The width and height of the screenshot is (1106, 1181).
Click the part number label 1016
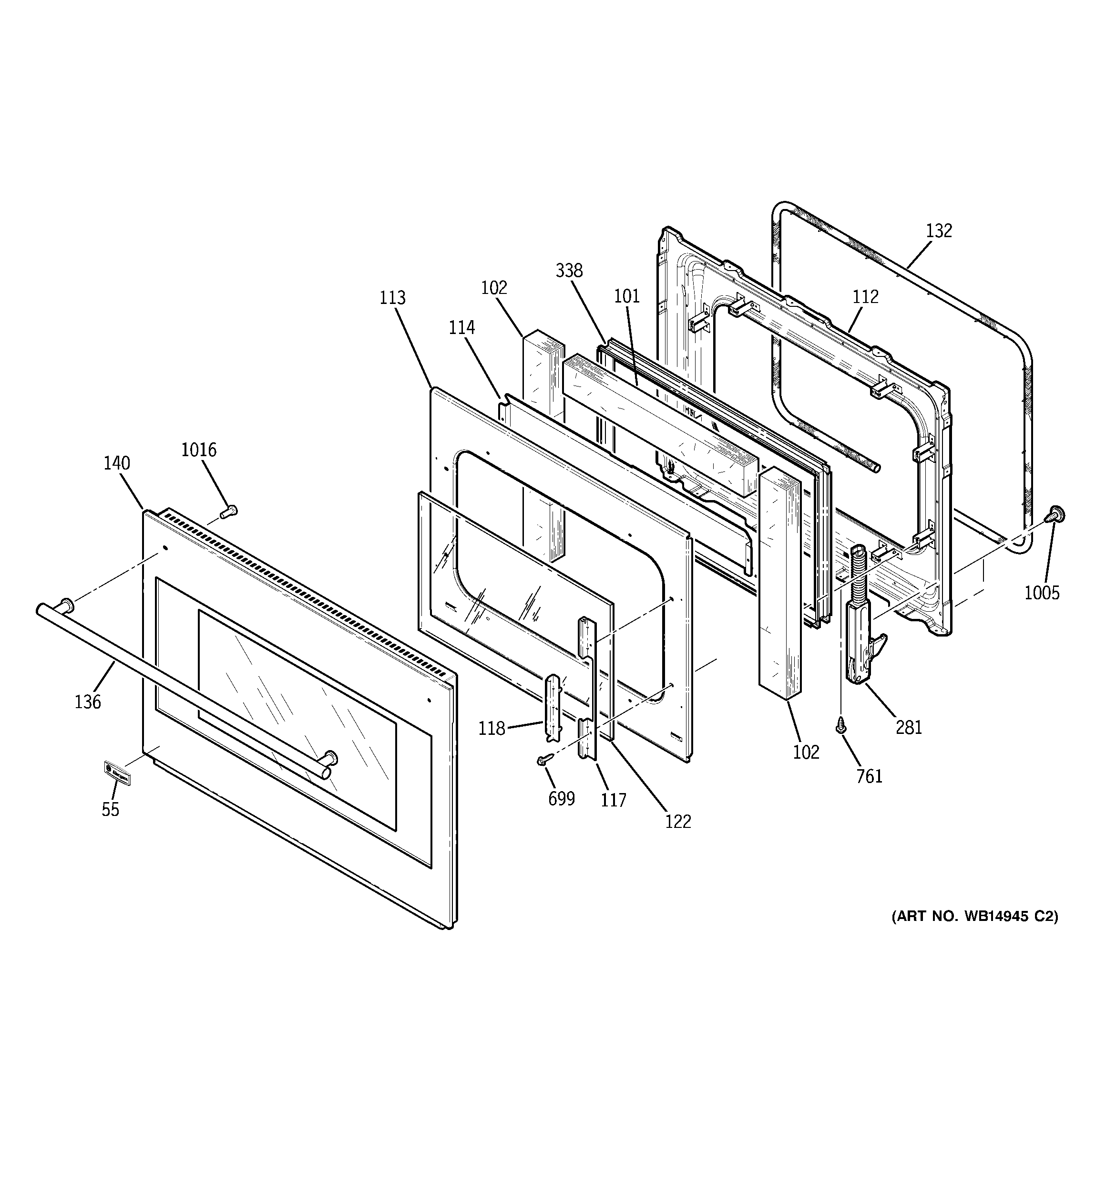pos(199,450)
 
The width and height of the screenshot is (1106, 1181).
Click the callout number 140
pos(116,463)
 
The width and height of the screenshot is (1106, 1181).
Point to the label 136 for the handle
pos(88,702)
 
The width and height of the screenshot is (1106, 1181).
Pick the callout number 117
pos(613,801)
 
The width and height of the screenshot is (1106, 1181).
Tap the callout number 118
pos(492,728)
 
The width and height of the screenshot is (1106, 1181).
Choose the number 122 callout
pos(678,822)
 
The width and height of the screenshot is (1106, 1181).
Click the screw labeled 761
pos(840,725)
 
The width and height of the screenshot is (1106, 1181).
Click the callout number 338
pos(569,271)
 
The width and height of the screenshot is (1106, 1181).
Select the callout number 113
pos(392,298)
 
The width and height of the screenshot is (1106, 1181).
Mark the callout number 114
pos(461,327)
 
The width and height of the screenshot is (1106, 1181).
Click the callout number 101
pos(627,296)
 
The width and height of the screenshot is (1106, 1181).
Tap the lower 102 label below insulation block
pos(806,752)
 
